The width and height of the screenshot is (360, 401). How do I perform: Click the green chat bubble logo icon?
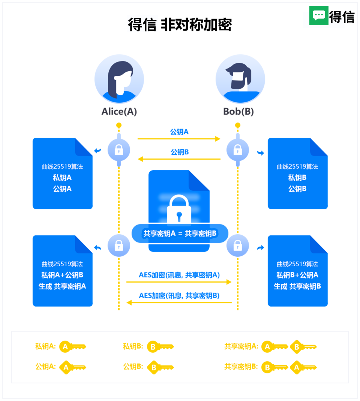click(319, 16)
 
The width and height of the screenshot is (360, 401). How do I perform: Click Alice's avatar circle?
click(119, 79)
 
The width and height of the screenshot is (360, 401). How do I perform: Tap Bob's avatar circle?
click(240, 79)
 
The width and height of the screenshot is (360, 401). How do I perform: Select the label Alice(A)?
click(119, 112)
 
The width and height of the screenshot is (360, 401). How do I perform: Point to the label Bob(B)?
click(238, 112)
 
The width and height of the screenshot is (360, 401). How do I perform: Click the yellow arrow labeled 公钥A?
click(179, 139)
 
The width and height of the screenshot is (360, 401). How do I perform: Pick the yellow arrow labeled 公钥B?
click(179, 159)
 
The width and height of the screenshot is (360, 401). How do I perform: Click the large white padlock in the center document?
click(179, 210)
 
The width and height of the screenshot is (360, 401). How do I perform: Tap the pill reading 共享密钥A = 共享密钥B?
click(180, 233)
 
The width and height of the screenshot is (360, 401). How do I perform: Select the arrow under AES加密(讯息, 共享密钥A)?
click(179, 282)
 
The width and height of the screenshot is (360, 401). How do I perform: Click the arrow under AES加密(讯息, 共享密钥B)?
click(179, 302)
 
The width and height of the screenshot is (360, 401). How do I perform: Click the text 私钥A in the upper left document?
click(62, 178)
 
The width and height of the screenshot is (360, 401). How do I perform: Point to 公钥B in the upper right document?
click(297, 189)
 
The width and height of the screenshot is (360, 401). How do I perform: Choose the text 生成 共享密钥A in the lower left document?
click(62, 286)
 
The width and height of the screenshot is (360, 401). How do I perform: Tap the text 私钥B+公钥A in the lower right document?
click(297, 275)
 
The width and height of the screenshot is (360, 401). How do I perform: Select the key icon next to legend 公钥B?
click(160, 367)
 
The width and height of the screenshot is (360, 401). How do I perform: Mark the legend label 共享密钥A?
click(241, 347)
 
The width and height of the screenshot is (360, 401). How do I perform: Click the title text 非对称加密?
click(196, 25)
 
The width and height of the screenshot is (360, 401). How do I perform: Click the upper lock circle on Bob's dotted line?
click(238, 150)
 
